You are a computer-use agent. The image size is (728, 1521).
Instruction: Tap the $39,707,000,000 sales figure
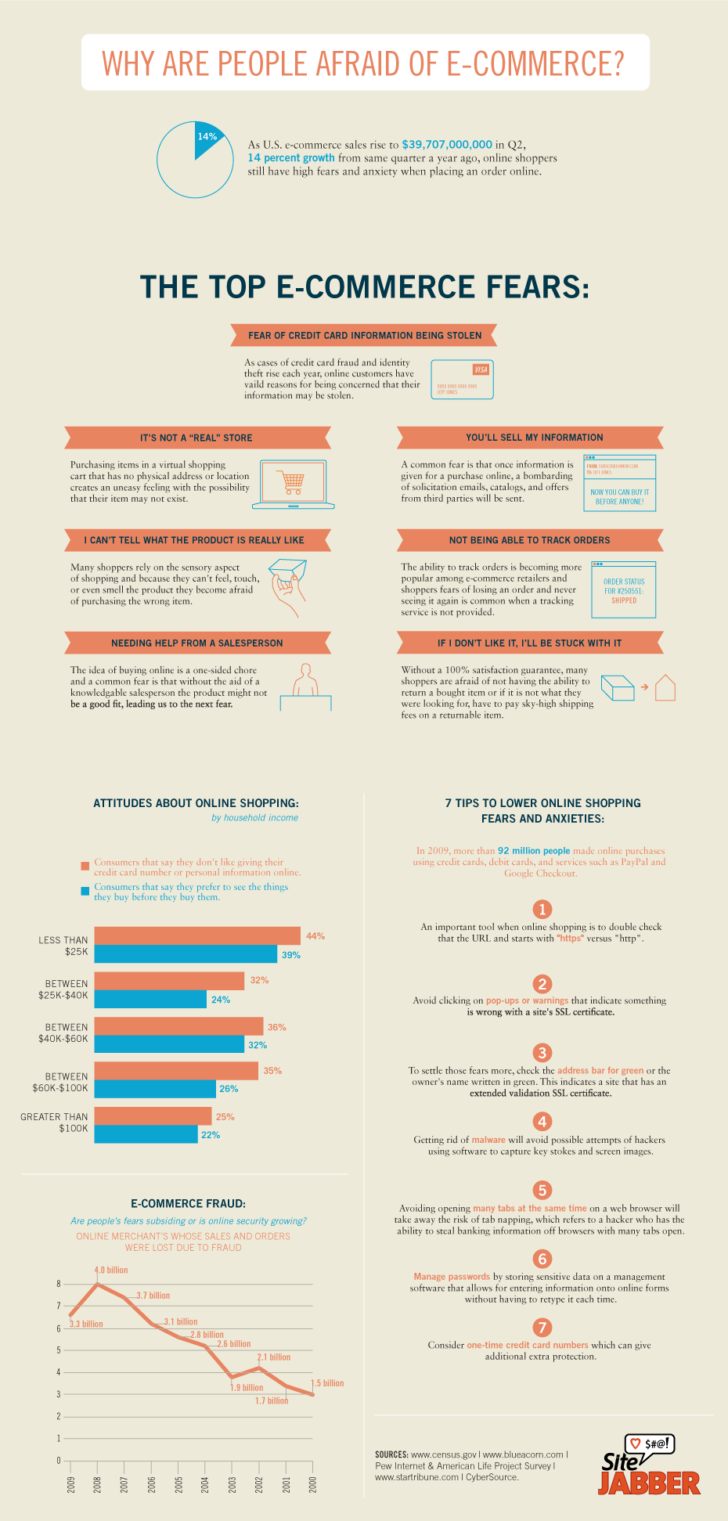(x=447, y=144)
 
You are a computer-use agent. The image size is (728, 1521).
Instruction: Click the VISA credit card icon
(x=462, y=380)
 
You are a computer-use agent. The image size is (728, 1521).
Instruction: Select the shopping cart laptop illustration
(x=294, y=485)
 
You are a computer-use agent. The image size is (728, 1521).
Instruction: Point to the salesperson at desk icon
(x=305, y=687)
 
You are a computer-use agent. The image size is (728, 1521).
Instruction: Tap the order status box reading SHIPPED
(x=624, y=590)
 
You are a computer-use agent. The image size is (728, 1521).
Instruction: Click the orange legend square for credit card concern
(x=85, y=866)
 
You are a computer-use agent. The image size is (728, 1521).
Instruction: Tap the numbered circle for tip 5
(x=542, y=1190)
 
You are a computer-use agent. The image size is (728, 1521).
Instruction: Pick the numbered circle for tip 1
(x=542, y=909)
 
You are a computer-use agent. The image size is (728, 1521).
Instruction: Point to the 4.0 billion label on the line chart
(x=111, y=1270)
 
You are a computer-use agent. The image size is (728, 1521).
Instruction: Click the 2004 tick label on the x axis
(x=205, y=1484)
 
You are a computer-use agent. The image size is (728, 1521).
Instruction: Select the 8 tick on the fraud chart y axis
(x=59, y=1284)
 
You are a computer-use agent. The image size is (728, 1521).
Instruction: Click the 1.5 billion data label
(x=328, y=1383)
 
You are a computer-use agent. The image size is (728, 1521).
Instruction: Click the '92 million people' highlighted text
(x=534, y=850)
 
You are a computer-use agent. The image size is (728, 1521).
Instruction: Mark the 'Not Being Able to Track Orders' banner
(x=530, y=540)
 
